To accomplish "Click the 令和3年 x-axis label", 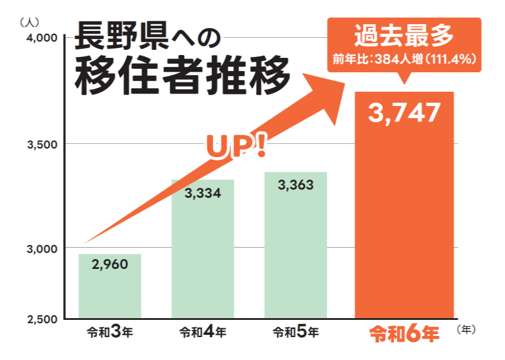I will click(x=110, y=332).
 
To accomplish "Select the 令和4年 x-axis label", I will click(x=203, y=332).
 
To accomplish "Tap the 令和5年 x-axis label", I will click(x=296, y=332).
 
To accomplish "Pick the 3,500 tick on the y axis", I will click(x=40, y=144).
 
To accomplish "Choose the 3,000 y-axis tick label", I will click(x=40, y=249).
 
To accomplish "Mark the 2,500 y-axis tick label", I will click(x=40, y=319).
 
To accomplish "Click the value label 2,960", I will click(x=109, y=264).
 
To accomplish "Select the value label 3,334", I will click(x=202, y=193).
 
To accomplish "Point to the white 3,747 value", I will click(x=405, y=114).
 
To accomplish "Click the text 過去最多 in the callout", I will click(x=404, y=36).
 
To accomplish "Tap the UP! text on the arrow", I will click(x=236, y=147).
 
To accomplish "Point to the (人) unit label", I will click(x=29, y=22).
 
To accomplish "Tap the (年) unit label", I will click(x=467, y=329).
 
